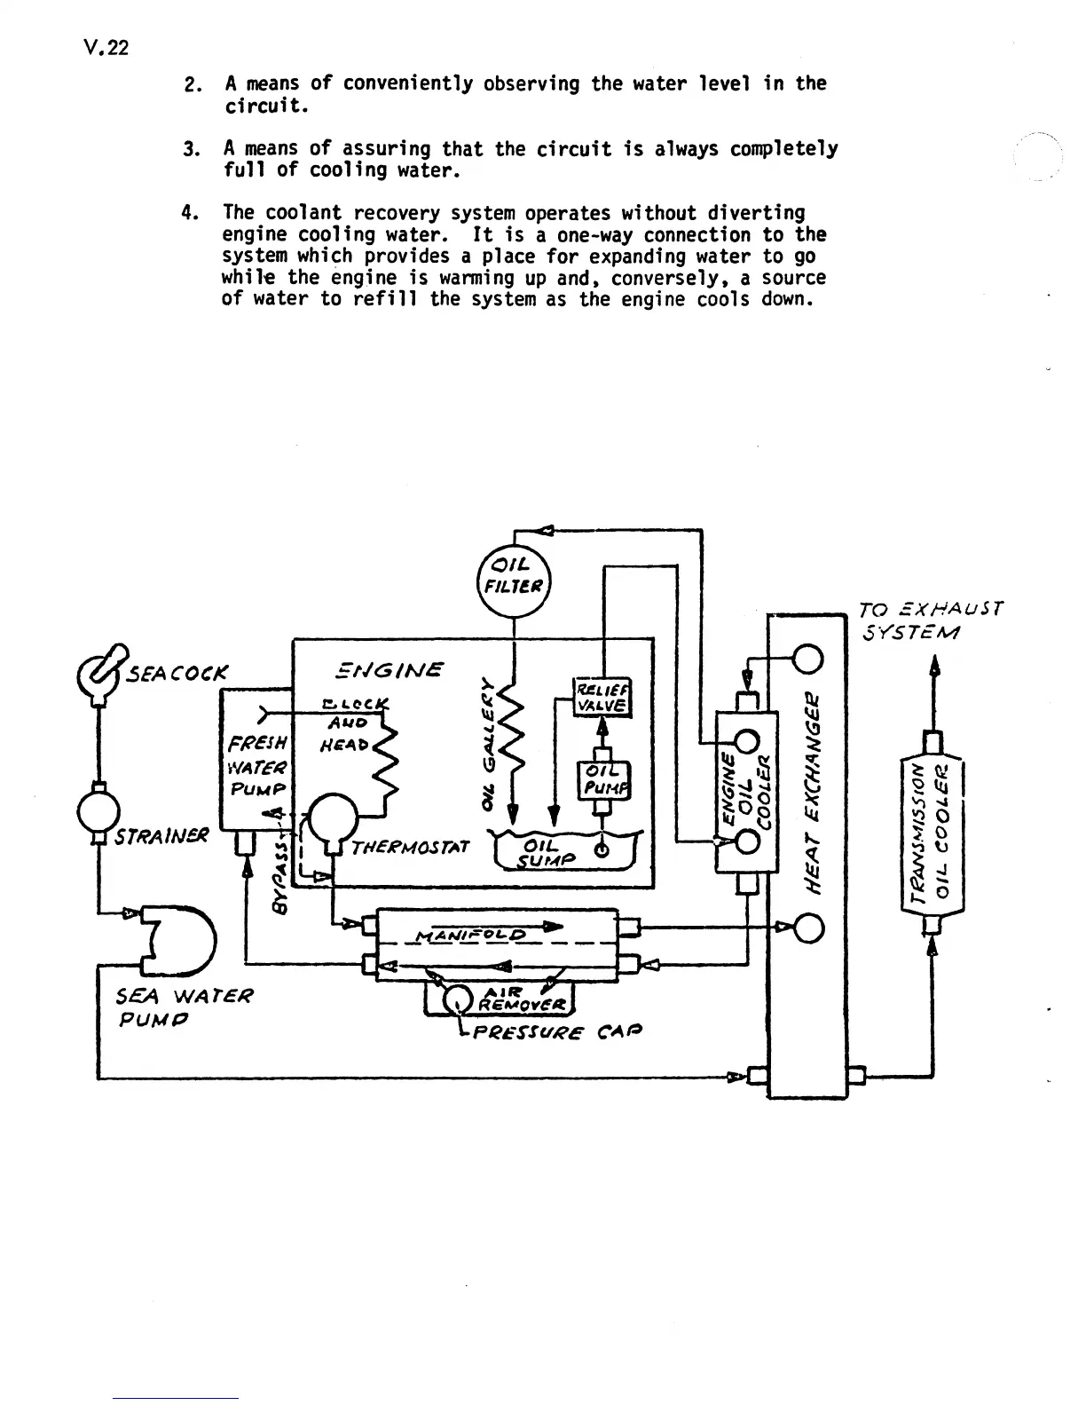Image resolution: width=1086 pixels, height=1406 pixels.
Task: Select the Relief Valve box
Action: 602,697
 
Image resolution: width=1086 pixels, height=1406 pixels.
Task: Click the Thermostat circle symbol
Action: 333,815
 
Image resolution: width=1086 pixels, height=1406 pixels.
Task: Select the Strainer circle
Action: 98,809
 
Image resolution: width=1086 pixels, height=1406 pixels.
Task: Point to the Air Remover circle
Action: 458,1001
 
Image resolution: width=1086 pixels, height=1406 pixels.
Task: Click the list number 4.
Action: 187,213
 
